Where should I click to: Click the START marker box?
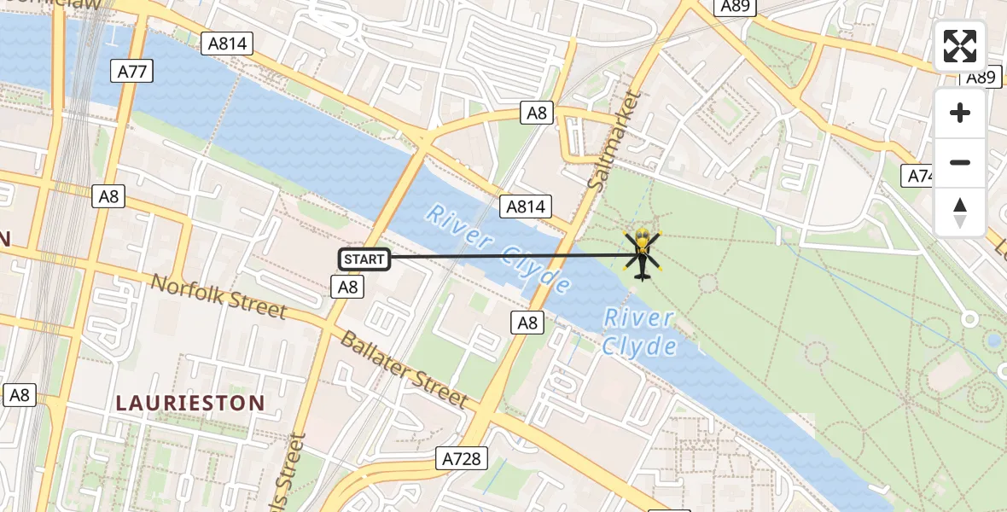[x=364, y=259]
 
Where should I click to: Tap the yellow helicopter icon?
[x=643, y=254]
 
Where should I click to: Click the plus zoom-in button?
[x=960, y=113]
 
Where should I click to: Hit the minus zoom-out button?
[x=960, y=162]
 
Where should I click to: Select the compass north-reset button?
[x=960, y=212]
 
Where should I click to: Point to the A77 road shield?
[x=132, y=71]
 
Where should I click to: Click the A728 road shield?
[x=463, y=458]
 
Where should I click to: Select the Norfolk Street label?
[x=218, y=296]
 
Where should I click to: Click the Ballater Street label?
[x=404, y=368]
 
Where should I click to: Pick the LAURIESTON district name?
[x=189, y=402]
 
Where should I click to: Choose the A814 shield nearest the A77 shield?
[x=227, y=44]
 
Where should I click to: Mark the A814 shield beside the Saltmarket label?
[x=528, y=207]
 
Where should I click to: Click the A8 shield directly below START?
[x=347, y=287]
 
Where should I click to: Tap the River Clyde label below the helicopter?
[x=640, y=332]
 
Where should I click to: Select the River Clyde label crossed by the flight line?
[x=498, y=248]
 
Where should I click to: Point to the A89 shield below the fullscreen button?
[x=981, y=77]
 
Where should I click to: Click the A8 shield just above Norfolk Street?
[x=108, y=196]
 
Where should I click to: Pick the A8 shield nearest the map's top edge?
[x=538, y=113]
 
